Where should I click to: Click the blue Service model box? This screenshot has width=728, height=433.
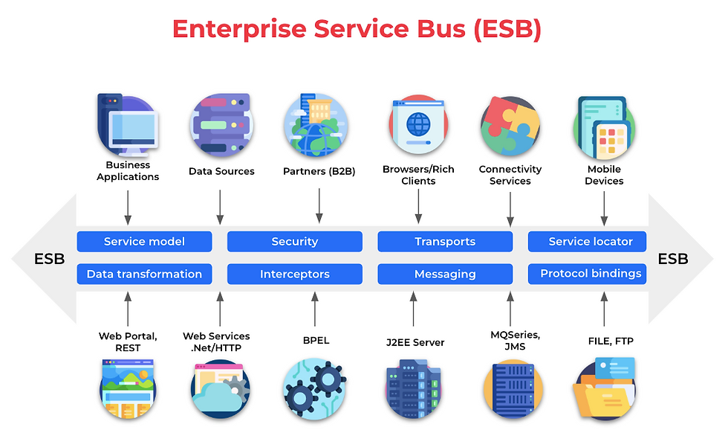(x=144, y=242)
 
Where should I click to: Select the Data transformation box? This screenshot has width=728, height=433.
(x=144, y=274)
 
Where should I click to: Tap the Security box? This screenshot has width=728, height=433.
(x=294, y=242)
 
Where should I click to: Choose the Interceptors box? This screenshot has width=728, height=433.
(x=294, y=274)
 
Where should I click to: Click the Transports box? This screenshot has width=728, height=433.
(x=445, y=242)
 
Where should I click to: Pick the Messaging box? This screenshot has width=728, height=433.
(x=445, y=274)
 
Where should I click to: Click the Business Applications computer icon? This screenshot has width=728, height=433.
(x=128, y=124)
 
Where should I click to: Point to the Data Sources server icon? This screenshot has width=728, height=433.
(x=221, y=124)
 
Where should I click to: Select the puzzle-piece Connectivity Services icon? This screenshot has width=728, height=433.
(x=510, y=124)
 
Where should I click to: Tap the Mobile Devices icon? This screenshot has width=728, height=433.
(x=603, y=124)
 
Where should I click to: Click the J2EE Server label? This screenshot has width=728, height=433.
(x=415, y=342)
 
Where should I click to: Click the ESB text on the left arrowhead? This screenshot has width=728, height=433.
(x=50, y=259)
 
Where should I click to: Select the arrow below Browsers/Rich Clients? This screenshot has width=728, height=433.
(x=418, y=206)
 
